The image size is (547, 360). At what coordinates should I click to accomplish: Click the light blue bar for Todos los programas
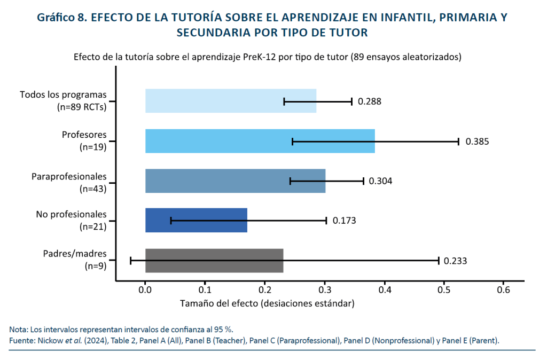click(x=214, y=101)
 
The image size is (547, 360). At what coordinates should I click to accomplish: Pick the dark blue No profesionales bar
click(x=196, y=220)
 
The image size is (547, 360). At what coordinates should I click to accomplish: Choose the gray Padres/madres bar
click(x=214, y=261)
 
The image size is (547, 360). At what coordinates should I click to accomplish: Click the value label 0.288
click(x=369, y=101)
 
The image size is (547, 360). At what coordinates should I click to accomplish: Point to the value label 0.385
click(x=477, y=142)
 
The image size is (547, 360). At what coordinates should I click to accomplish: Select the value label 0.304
click(x=380, y=181)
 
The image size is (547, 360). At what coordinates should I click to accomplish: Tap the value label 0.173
click(x=344, y=221)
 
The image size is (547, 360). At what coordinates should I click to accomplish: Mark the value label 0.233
click(x=456, y=261)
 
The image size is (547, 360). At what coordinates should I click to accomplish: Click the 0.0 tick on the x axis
click(x=145, y=289)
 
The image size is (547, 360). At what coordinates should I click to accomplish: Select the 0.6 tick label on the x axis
click(x=504, y=289)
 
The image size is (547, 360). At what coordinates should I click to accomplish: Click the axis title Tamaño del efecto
click(x=267, y=303)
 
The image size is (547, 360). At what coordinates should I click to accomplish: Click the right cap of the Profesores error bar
click(x=458, y=142)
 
